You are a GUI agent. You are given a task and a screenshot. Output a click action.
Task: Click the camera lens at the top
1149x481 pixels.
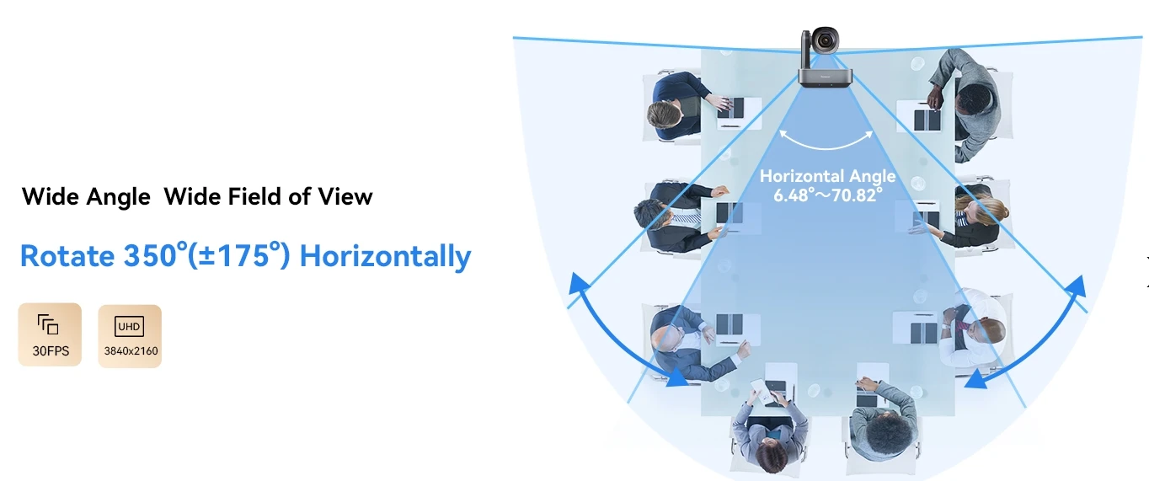(825, 40)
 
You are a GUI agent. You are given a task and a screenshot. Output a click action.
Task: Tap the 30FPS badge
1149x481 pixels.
(50, 334)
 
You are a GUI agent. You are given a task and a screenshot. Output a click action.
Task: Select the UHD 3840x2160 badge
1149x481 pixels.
(130, 336)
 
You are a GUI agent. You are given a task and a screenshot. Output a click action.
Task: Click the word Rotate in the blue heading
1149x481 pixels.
(67, 255)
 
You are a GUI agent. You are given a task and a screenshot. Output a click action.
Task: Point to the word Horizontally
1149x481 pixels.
(385, 255)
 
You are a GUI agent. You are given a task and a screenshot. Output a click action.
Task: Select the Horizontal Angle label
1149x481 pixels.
(827, 176)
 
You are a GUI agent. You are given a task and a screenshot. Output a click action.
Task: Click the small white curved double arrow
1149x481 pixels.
(826, 142)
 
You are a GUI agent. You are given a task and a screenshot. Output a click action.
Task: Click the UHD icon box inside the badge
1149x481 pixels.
(130, 326)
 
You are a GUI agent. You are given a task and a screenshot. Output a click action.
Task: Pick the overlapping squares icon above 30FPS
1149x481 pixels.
(48, 323)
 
